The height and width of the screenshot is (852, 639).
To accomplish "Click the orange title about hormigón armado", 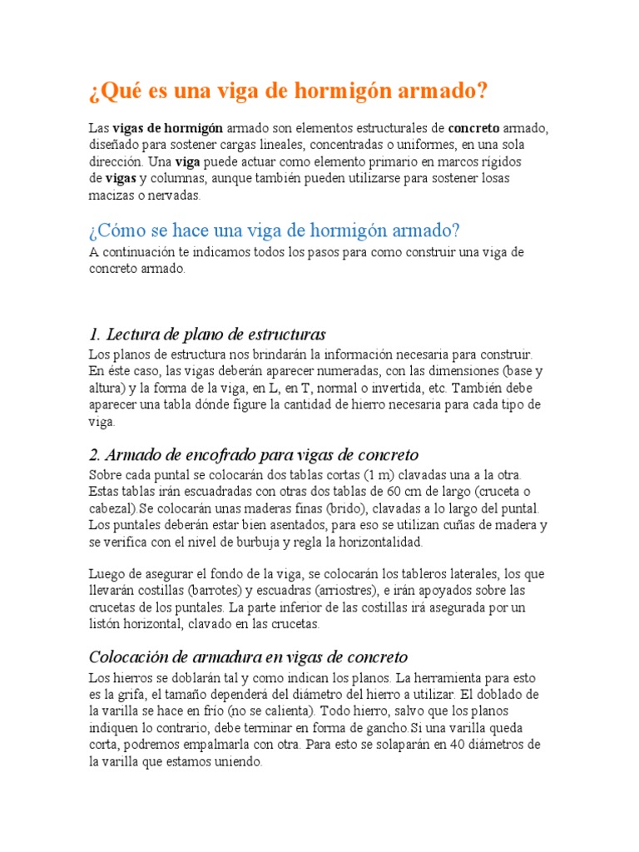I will coord(287,90).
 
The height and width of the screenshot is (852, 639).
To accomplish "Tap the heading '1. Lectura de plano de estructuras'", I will coord(207,334).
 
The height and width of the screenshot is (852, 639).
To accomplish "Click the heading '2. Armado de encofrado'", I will coord(253,455).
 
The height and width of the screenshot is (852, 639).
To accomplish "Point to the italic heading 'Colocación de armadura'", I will coord(248,656).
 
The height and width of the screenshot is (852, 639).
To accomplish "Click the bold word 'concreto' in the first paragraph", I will coord(473,129).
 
